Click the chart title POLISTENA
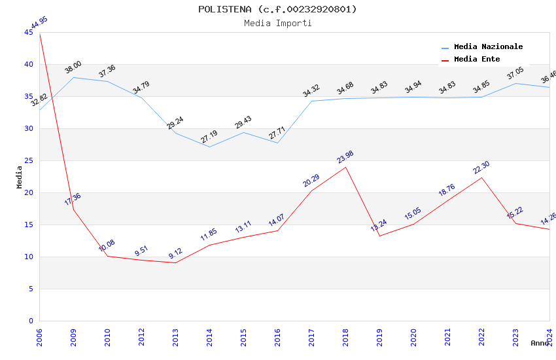point(277,9)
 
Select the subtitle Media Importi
point(277,23)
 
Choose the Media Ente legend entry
point(477,60)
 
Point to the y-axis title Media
point(20,176)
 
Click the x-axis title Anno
point(540,343)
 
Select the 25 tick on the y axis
point(29,160)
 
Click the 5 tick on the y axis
point(31,289)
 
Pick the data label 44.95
point(39,23)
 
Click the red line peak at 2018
point(345,167)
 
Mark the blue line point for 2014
point(209,147)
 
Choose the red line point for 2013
point(175,262)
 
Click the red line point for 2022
point(481,178)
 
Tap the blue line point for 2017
point(311,101)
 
